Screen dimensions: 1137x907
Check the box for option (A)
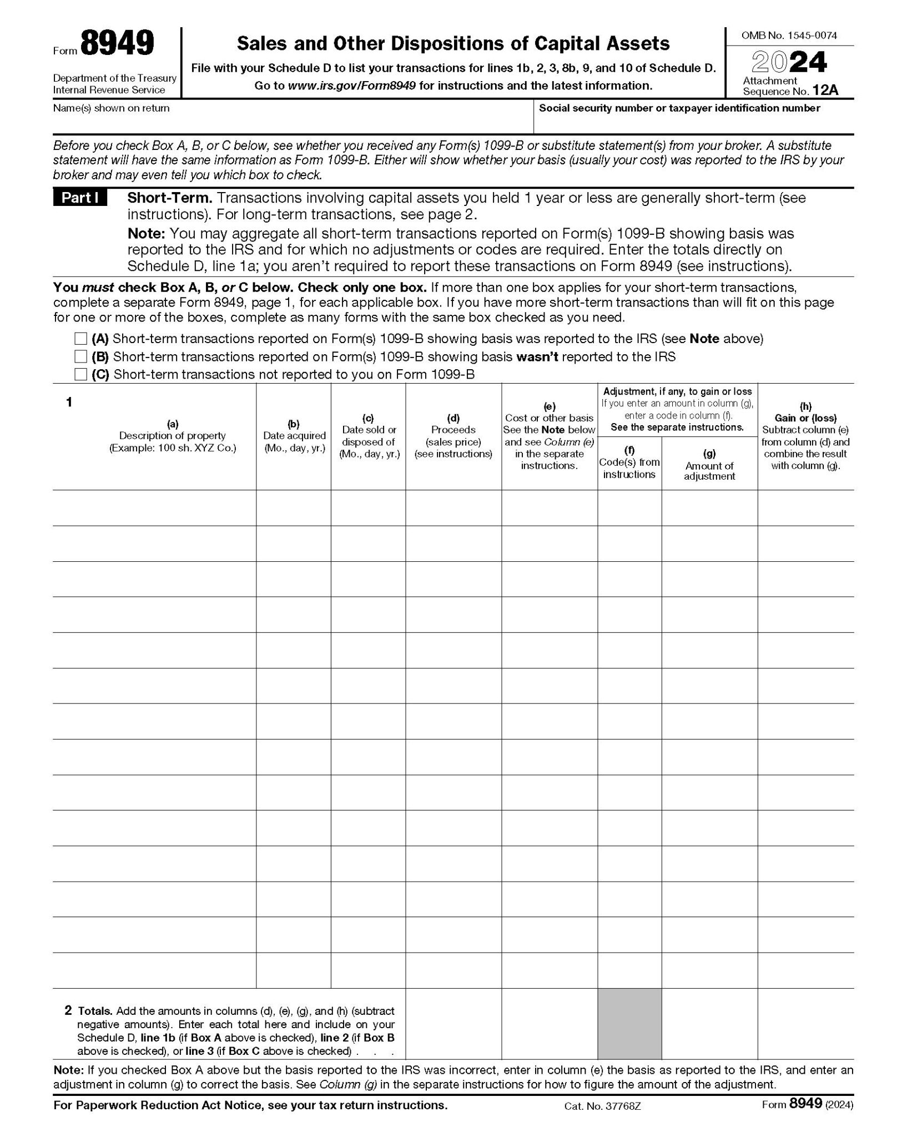click(81, 339)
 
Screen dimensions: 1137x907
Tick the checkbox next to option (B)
click(81, 356)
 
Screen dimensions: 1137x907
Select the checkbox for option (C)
click(81, 374)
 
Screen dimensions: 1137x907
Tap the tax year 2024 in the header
click(789, 62)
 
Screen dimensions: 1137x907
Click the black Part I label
click(80, 198)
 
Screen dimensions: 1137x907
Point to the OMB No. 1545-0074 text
click(789, 36)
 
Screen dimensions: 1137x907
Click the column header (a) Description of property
click(173, 436)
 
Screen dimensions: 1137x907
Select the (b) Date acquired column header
click(294, 436)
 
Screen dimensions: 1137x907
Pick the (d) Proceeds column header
click(453, 436)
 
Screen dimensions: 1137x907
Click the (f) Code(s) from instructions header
click(629, 462)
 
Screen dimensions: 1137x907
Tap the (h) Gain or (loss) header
click(805, 436)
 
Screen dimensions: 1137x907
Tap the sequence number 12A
click(825, 90)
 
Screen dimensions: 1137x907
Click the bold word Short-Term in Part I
click(170, 198)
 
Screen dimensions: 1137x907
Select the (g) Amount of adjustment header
click(709, 465)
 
